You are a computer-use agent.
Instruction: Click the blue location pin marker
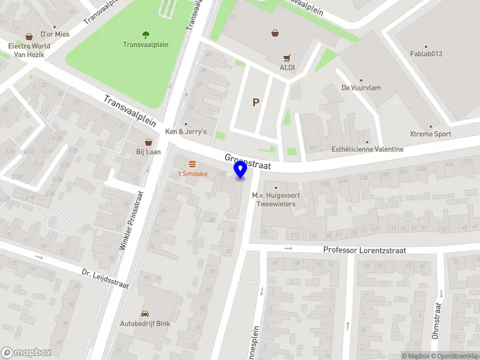coord(241,170)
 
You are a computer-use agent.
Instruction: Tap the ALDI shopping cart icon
coord(287,58)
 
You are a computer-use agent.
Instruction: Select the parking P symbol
coord(256,102)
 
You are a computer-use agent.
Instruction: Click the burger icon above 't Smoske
coord(192,164)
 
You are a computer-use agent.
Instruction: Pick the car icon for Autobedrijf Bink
coord(145,314)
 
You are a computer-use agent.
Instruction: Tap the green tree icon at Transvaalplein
coord(145,35)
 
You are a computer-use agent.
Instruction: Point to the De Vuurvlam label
coord(361,88)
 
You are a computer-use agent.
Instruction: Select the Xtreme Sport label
coord(430,134)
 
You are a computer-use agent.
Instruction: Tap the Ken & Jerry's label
coord(186,131)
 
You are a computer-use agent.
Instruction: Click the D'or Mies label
coord(55,34)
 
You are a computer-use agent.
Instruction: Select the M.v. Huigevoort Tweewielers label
coord(276,199)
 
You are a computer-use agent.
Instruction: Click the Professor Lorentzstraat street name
coord(364,250)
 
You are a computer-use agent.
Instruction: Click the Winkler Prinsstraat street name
coord(132,221)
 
